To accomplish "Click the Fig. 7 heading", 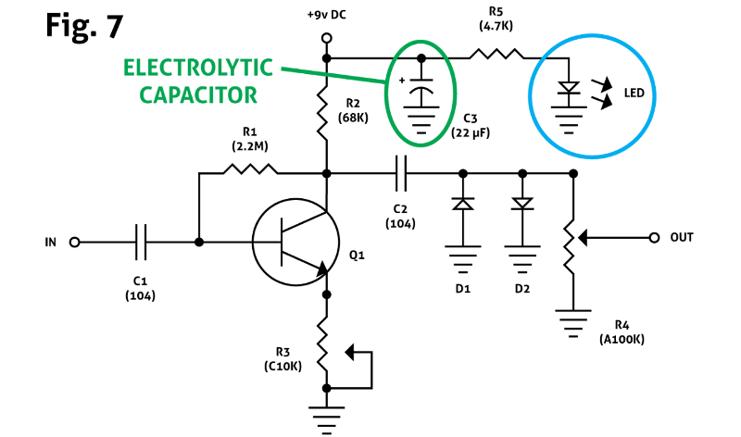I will [x=84, y=25].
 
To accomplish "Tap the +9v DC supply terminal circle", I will [x=326, y=39].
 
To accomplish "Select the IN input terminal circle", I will [x=75, y=242].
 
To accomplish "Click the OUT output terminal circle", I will [x=655, y=236].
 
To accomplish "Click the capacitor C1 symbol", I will [x=141, y=242].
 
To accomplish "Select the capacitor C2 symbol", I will [x=401, y=172].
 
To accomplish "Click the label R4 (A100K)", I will [x=622, y=332].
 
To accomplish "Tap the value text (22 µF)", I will [x=471, y=132].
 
